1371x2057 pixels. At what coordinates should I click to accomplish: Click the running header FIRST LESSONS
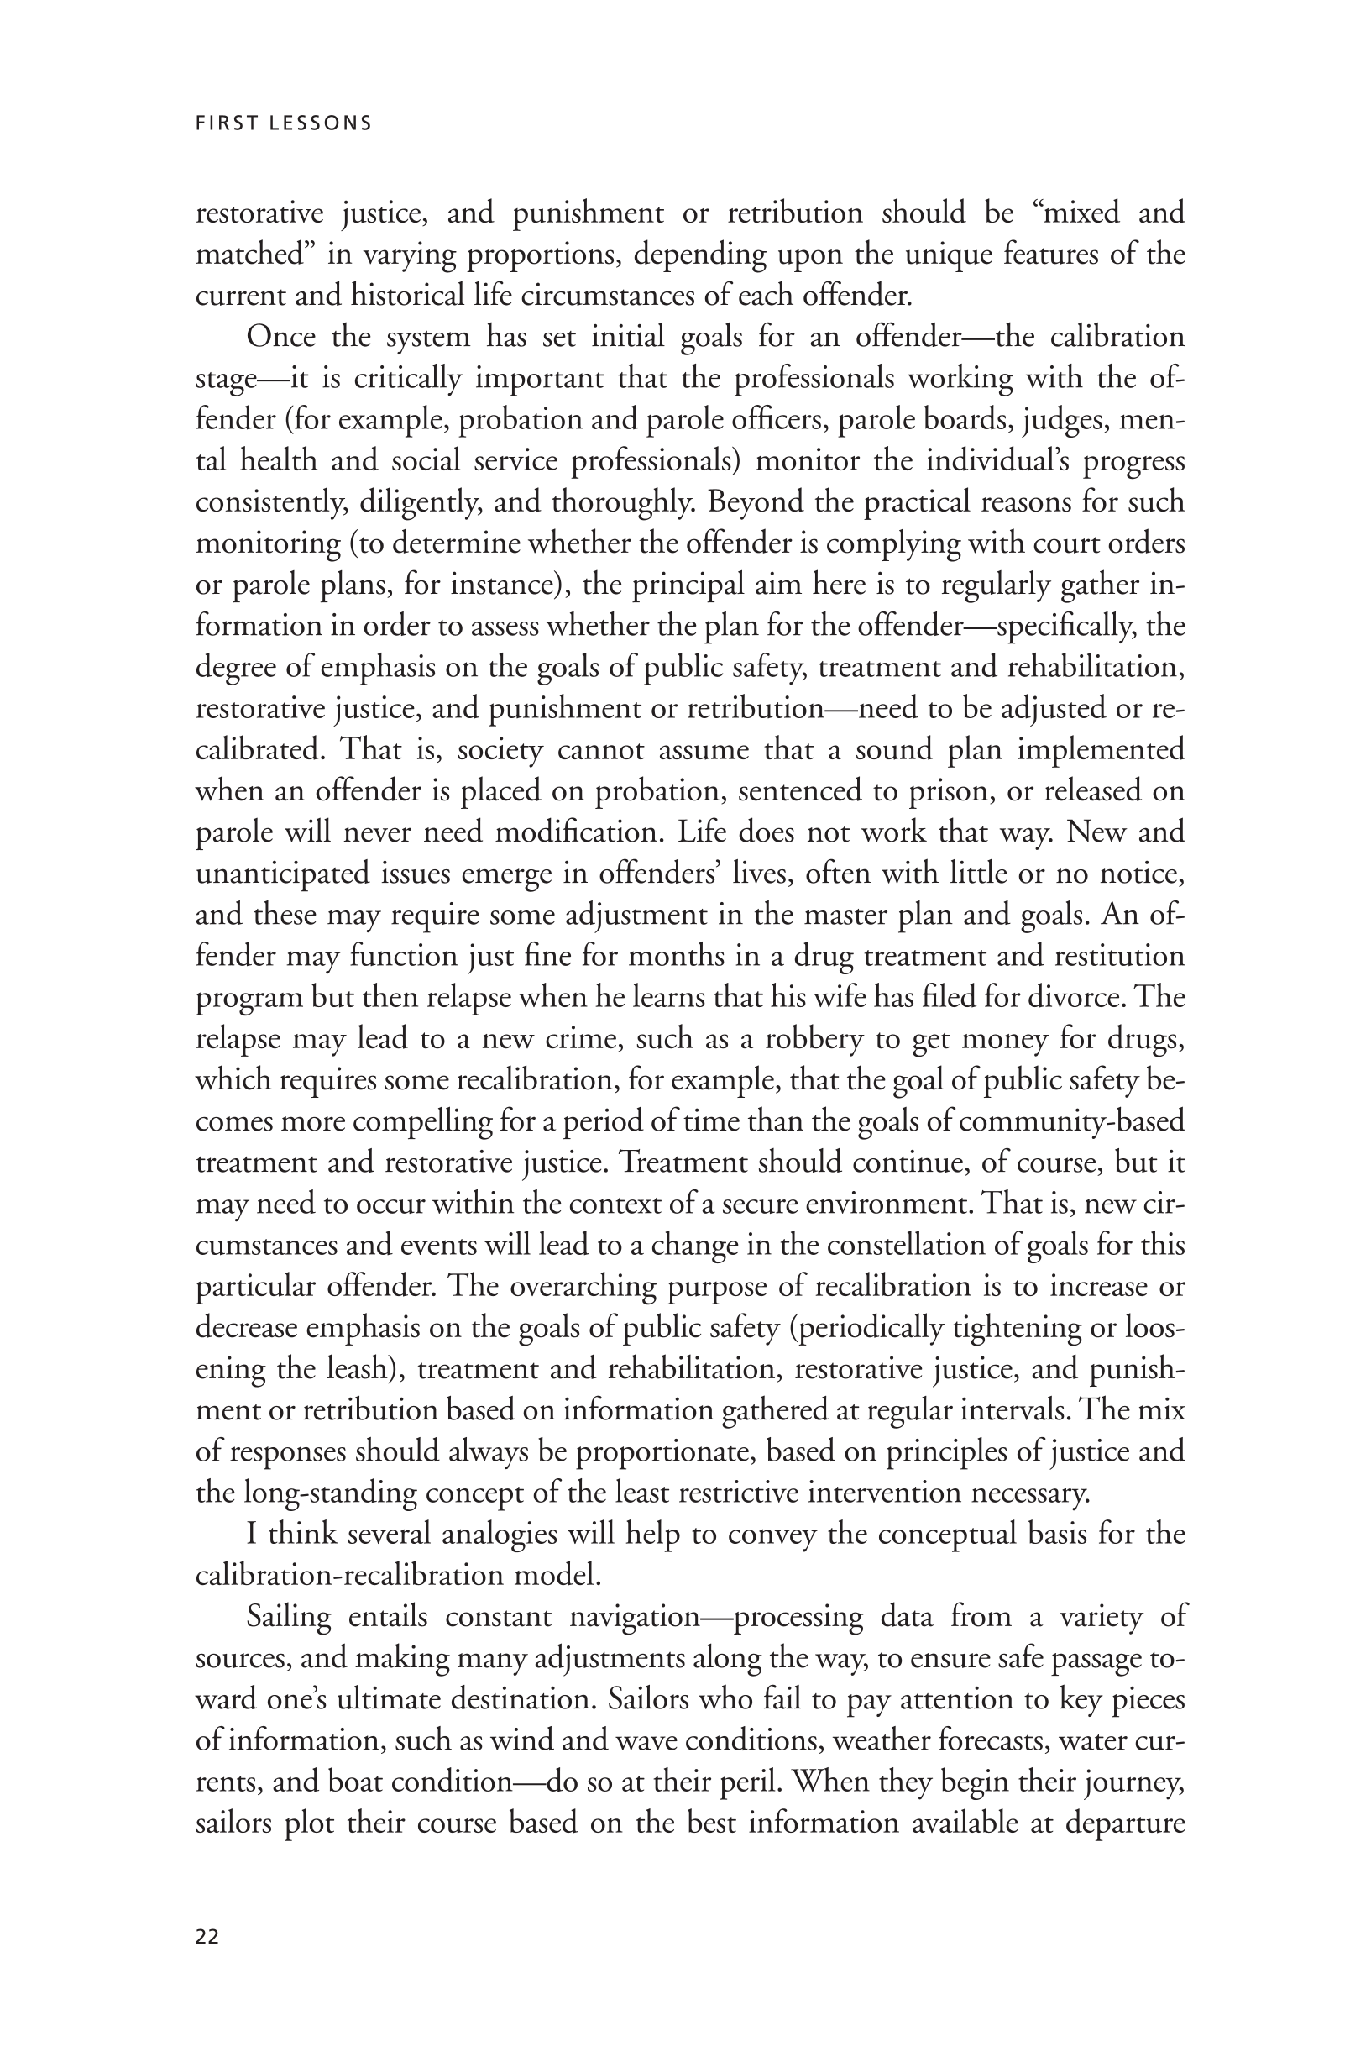tap(283, 123)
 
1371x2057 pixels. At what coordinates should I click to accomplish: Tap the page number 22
tap(207, 1937)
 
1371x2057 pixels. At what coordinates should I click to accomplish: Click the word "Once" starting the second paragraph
tap(280, 337)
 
